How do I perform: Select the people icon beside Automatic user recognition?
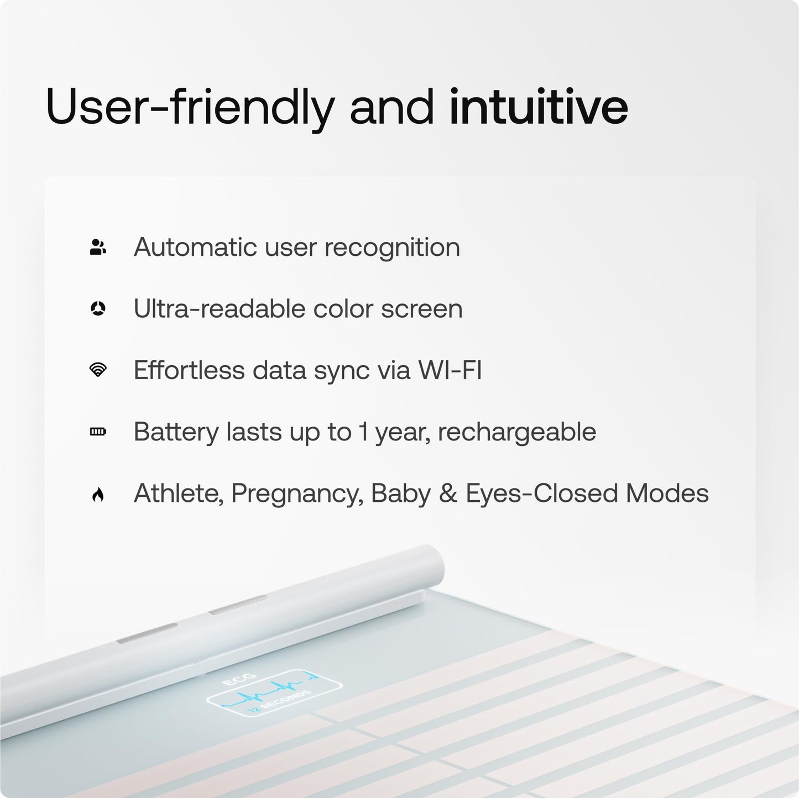(98, 247)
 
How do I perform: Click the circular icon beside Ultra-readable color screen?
(98, 309)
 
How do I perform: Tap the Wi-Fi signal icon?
(98, 370)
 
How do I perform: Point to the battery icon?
(98, 432)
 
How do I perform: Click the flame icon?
(98, 494)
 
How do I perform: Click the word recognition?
(392, 247)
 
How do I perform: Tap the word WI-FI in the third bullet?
(450, 370)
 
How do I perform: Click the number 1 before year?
(363, 432)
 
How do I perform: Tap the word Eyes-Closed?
(541, 494)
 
